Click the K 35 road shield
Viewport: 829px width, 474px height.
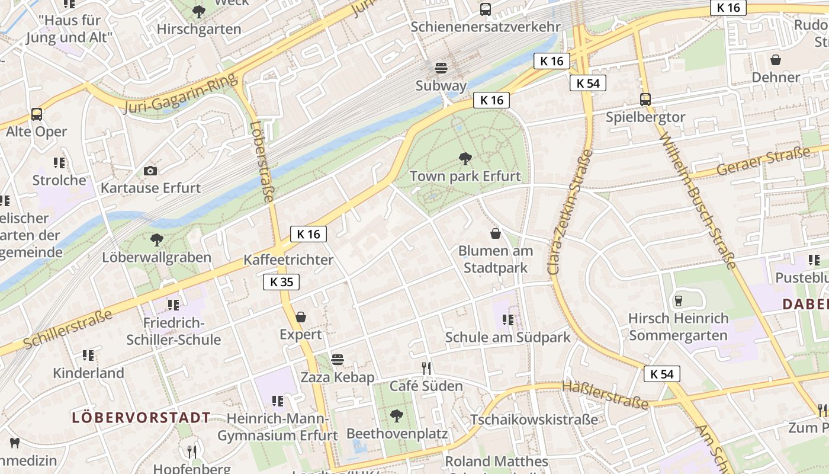coord(281,282)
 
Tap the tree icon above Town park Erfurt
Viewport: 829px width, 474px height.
coord(465,158)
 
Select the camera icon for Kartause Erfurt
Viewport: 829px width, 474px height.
coord(150,171)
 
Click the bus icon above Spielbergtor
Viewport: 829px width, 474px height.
coord(645,100)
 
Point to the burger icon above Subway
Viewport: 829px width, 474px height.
coord(441,68)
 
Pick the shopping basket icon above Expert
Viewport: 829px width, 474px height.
coord(301,317)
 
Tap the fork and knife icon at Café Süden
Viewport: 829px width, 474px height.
coord(426,368)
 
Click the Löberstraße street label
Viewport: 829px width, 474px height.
coord(261,162)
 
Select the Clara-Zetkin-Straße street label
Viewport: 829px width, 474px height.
coord(570,212)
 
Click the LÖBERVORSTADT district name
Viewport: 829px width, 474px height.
coord(141,418)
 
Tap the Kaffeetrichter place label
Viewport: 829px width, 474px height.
coord(288,260)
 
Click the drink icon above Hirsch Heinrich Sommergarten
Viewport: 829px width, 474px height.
coord(679,301)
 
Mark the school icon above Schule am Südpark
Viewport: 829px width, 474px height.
coord(507,320)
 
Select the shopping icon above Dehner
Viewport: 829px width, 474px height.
coord(776,60)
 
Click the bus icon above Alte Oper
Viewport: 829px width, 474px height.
coord(37,114)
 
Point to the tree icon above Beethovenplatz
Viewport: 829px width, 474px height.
coord(397,416)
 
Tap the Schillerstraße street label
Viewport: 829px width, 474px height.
coord(68,329)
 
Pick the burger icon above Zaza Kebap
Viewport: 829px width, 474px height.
coord(338,360)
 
